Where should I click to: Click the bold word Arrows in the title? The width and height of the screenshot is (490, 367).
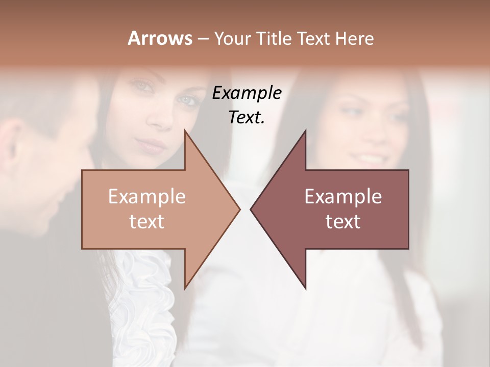pos(160,38)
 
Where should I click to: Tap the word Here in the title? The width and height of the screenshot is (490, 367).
pos(355,38)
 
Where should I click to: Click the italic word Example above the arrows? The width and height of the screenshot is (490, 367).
pos(247,93)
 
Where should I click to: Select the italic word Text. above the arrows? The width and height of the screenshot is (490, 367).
pos(247,117)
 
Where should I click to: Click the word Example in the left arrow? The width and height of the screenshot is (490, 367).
pos(147,196)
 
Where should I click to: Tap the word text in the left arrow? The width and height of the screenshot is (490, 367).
pos(147,222)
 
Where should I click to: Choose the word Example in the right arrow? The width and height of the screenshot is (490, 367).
pos(343,196)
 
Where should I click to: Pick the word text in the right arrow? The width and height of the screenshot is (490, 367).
pos(343,222)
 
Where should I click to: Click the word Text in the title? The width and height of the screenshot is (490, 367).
pos(313,38)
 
